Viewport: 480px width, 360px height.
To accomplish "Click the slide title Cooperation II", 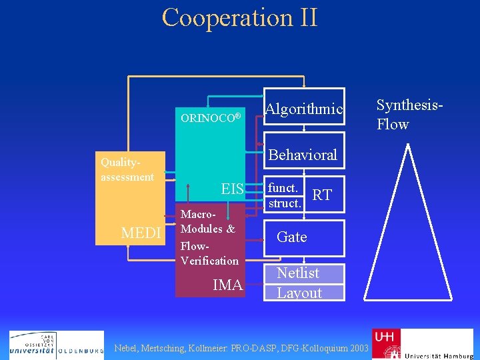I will [x=239, y=17].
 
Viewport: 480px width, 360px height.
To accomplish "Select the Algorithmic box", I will [x=304, y=108].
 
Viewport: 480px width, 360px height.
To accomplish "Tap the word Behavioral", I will [x=302, y=155].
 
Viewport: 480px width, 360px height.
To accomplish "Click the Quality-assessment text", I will [x=127, y=169].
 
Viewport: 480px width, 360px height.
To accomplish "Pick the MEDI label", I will [x=141, y=233].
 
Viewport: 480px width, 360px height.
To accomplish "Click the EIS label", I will [x=232, y=189].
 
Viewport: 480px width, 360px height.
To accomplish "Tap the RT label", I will [x=322, y=194].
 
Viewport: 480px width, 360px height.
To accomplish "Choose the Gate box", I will [x=304, y=237].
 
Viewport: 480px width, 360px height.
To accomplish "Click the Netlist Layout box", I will [x=304, y=283].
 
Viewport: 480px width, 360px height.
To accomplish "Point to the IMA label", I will [x=227, y=285].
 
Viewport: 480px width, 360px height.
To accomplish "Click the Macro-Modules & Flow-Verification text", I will [x=209, y=237].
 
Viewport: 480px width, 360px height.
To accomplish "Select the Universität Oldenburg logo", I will [x=57, y=345].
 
